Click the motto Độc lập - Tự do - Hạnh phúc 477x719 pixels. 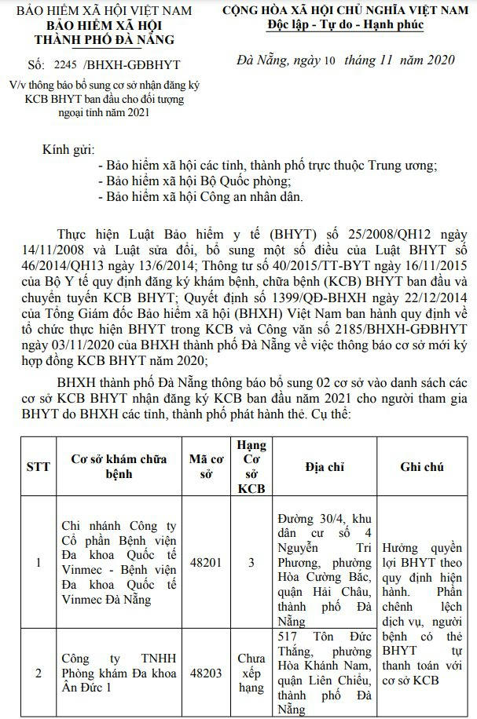point(345,25)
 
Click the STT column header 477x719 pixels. point(38,466)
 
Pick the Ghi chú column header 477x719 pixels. point(422,466)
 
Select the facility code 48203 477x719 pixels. point(206,673)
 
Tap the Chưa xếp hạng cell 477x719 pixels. point(251,673)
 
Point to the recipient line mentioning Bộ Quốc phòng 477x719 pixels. point(207,181)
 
